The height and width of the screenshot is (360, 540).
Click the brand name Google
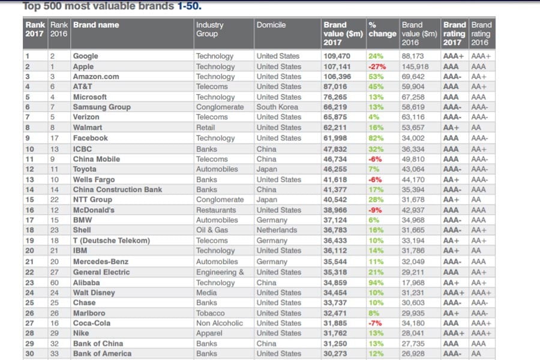[x=85, y=56]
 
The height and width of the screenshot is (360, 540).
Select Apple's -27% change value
[x=377, y=67]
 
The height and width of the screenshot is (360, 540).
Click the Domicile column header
[x=271, y=25]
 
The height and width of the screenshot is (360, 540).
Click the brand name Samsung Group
[x=101, y=107]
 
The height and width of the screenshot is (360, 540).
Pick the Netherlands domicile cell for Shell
[x=277, y=230]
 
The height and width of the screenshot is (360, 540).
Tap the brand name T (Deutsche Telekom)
[x=111, y=241]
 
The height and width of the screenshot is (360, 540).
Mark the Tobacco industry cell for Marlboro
[x=210, y=313]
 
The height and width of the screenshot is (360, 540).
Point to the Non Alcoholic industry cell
[x=220, y=323]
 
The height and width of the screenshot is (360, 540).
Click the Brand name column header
[x=96, y=25]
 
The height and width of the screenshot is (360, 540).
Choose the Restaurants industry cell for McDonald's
[x=216, y=211]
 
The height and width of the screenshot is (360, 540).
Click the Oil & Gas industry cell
[x=213, y=230]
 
